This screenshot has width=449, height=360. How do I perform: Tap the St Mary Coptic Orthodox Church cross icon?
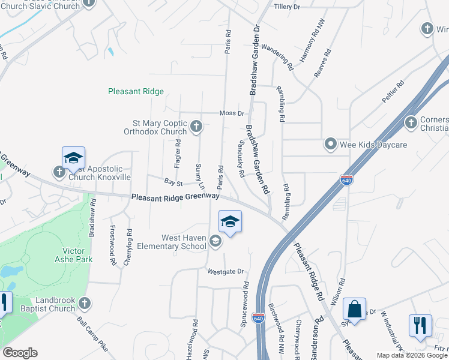pos(196,127)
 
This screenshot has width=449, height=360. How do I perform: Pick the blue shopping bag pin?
pos(355,310)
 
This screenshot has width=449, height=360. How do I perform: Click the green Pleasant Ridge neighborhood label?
pos(136,92)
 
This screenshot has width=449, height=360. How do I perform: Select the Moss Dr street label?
pos(232,113)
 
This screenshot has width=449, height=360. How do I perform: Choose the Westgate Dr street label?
pos(226,271)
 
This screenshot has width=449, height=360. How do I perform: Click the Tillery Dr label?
pos(286,7)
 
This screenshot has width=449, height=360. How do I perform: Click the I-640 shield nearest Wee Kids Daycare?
pos(346,179)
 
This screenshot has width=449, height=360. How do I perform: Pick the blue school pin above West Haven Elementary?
pos(230,222)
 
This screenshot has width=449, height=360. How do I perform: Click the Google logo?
pos(20,353)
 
